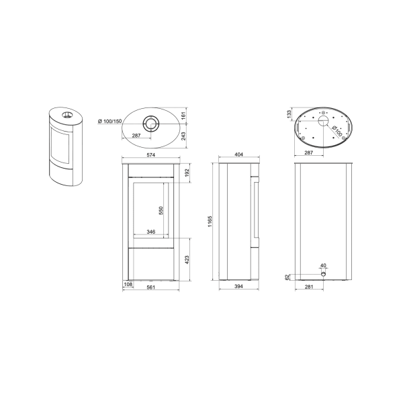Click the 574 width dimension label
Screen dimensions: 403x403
(x=151, y=154)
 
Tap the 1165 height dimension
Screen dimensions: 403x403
(x=210, y=221)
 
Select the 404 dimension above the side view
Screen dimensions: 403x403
(x=238, y=154)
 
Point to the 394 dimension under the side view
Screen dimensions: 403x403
(x=238, y=286)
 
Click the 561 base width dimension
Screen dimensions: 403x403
(x=151, y=287)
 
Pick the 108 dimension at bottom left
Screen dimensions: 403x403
(x=128, y=284)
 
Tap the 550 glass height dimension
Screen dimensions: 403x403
(x=161, y=210)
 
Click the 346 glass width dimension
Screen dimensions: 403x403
(x=151, y=232)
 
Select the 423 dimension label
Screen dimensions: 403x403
(x=187, y=259)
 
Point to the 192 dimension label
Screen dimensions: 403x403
(x=187, y=173)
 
